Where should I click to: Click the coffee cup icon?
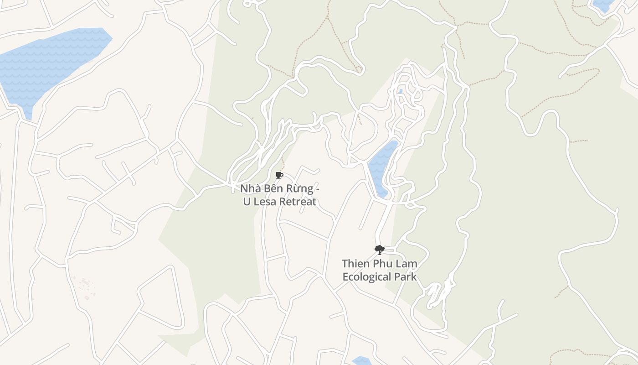tap(279, 176)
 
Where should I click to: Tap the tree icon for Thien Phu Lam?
tap(379, 250)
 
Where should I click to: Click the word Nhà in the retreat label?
tap(250, 189)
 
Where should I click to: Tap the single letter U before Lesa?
tap(247, 202)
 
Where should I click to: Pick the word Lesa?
tap(264, 202)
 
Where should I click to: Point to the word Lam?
tap(407, 264)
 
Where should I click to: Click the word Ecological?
tap(367, 277)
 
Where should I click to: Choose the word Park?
tap(405, 277)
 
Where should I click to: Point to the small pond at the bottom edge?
tap(361, 361)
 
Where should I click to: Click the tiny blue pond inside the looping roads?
tap(400, 91)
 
